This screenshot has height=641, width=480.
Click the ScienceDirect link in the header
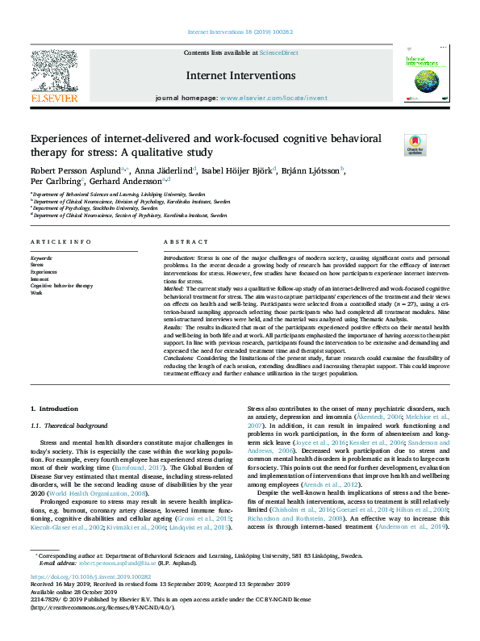[278, 52]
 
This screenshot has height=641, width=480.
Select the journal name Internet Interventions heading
[240, 75]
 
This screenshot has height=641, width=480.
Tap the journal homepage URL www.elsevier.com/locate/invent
[275, 97]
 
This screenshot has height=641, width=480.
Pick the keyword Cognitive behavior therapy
[61, 286]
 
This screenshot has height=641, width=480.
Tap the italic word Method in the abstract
[174, 287]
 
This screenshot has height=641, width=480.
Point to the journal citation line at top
[240, 31]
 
